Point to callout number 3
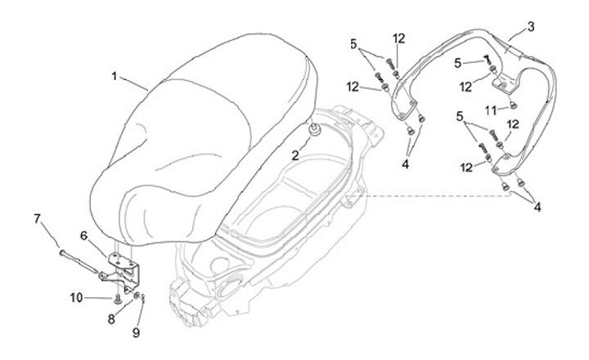click(531, 27)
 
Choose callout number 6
click(83, 235)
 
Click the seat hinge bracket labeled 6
click(124, 266)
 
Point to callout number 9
click(136, 332)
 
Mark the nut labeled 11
click(512, 105)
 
